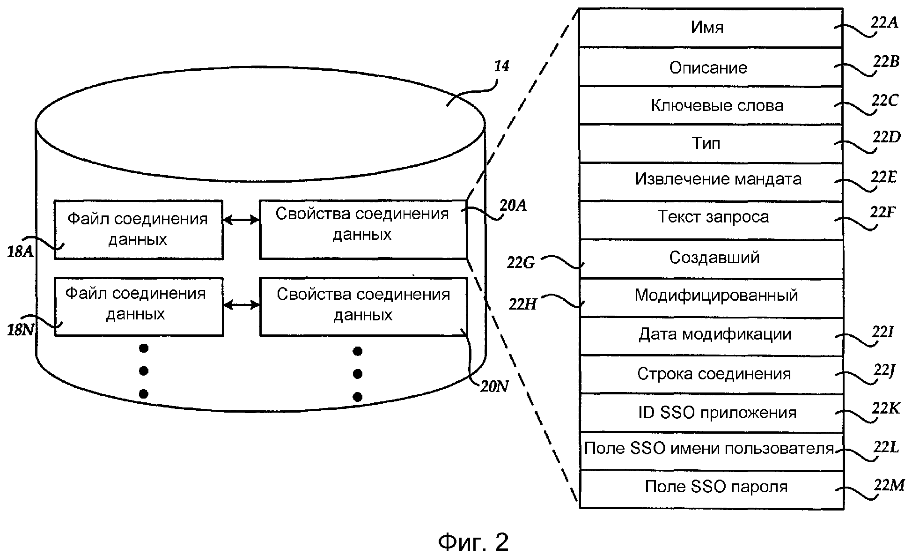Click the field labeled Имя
pyautogui.click(x=711, y=27)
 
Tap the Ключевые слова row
pyautogui.click(x=711, y=105)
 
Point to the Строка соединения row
pyautogui.click(x=711, y=374)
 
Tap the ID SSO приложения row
pyautogui.click(x=711, y=413)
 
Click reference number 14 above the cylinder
pyautogui.click(x=501, y=67)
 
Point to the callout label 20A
pyautogui.click(x=513, y=205)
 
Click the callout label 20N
pyautogui.click(x=494, y=387)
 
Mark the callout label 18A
pyautogui.click(x=21, y=252)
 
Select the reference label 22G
pyautogui.click(x=521, y=263)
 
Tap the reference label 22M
pyautogui.click(x=889, y=485)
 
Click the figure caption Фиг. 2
pyautogui.click(x=473, y=542)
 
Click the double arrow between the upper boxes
pyautogui.click(x=241, y=220)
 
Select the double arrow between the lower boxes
pyautogui.click(x=241, y=305)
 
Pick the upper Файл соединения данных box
pyautogui.click(x=138, y=229)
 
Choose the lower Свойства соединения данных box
pyautogui.click(x=363, y=306)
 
